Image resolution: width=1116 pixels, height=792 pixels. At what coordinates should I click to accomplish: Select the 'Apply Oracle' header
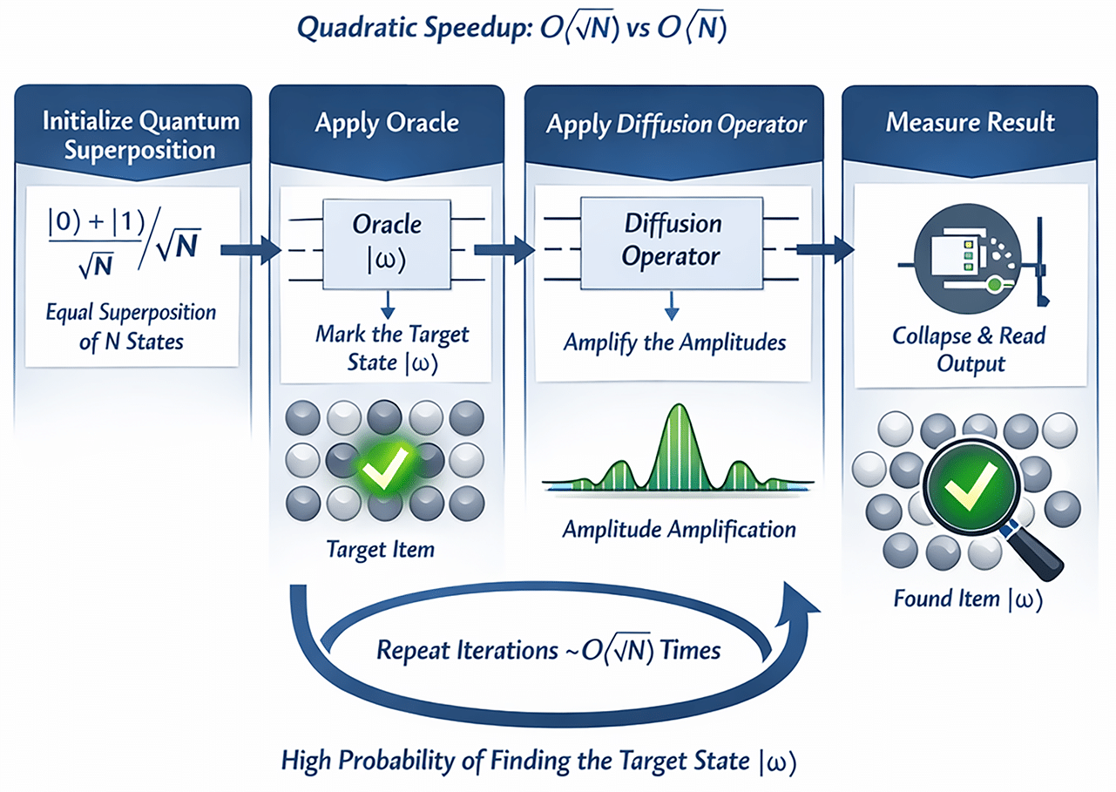[386, 122]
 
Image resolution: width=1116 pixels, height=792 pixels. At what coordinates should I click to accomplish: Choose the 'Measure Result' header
[970, 122]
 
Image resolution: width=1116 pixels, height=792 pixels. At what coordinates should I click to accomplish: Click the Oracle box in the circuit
[387, 239]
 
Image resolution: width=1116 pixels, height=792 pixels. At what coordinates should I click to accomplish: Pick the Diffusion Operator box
[673, 240]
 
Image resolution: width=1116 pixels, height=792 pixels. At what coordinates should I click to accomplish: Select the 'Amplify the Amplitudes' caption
[674, 341]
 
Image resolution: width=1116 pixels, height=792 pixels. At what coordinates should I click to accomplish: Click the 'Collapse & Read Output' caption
[969, 348]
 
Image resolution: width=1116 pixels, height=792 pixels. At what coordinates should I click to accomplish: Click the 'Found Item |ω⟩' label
[967, 599]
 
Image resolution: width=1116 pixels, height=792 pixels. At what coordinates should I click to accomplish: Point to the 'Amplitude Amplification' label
[679, 529]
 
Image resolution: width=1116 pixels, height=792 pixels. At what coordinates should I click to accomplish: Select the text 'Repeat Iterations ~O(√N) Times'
[548, 650]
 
